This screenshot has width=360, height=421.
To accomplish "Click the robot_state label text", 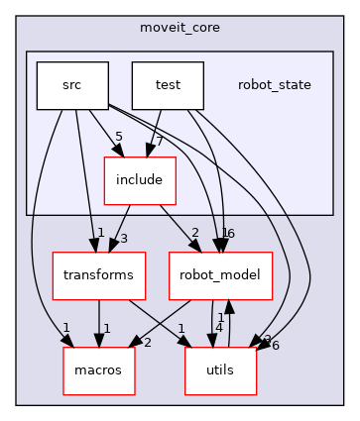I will (274, 85).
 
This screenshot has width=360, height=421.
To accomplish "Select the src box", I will (71, 85).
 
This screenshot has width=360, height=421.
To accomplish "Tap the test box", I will (167, 85).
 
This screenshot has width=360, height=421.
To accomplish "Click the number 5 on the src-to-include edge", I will (119, 137).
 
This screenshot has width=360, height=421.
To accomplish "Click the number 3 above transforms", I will (124, 239).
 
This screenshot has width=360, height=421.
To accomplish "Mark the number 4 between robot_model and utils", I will (219, 327).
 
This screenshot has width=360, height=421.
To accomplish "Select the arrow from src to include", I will (105, 133).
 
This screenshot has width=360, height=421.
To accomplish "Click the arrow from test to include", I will (155, 133).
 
